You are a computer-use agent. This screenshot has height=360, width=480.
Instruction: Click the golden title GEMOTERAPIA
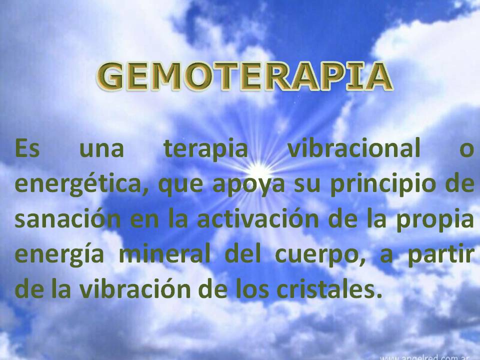[244, 76]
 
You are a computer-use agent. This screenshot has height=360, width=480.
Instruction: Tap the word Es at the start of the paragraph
[27, 148]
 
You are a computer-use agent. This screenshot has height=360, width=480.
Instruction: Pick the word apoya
[248, 185]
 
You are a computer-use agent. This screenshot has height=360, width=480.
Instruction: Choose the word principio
[383, 184]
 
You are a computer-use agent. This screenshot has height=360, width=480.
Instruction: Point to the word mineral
[164, 253]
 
